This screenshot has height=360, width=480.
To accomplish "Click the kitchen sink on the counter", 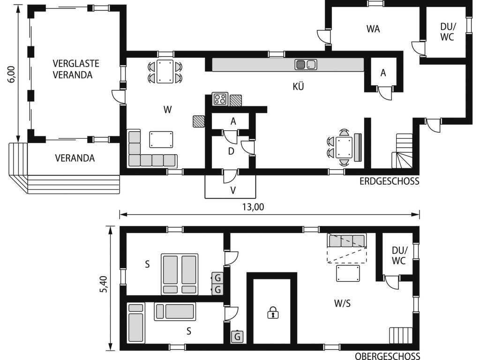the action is (x=306, y=65).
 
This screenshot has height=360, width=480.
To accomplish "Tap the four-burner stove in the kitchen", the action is (x=220, y=99).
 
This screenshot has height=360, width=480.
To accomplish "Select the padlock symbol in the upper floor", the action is (x=273, y=313).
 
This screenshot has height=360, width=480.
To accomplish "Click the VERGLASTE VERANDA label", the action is (x=76, y=69).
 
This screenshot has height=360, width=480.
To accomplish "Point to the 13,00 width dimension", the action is (x=253, y=207).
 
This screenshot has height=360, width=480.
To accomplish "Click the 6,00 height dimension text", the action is (x=12, y=75).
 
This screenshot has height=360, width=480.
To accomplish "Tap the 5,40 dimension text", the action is (x=104, y=285).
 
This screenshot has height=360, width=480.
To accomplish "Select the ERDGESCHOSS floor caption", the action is (x=390, y=181).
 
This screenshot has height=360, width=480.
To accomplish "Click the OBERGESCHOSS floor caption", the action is (x=388, y=356).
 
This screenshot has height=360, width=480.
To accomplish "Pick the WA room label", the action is (x=373, y=29).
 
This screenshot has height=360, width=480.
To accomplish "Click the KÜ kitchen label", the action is (x=298, y=87).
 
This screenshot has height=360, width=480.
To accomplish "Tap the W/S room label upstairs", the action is (x=343, y=303).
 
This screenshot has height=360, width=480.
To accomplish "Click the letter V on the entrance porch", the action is (x=233, y=190).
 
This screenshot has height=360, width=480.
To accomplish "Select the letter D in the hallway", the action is (x=231, y=151).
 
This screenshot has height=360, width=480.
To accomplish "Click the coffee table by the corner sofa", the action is (x=161, y=140).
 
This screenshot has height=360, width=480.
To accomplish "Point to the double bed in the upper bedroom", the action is (x=180, y=274).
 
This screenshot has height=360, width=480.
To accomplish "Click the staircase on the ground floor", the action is (x=402, y=151).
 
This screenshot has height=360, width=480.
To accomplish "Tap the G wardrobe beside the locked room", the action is (x=237, y=337).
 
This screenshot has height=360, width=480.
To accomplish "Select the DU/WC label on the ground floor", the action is (x=447, y=32).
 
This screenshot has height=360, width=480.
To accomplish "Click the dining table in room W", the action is (x=165, y=71).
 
